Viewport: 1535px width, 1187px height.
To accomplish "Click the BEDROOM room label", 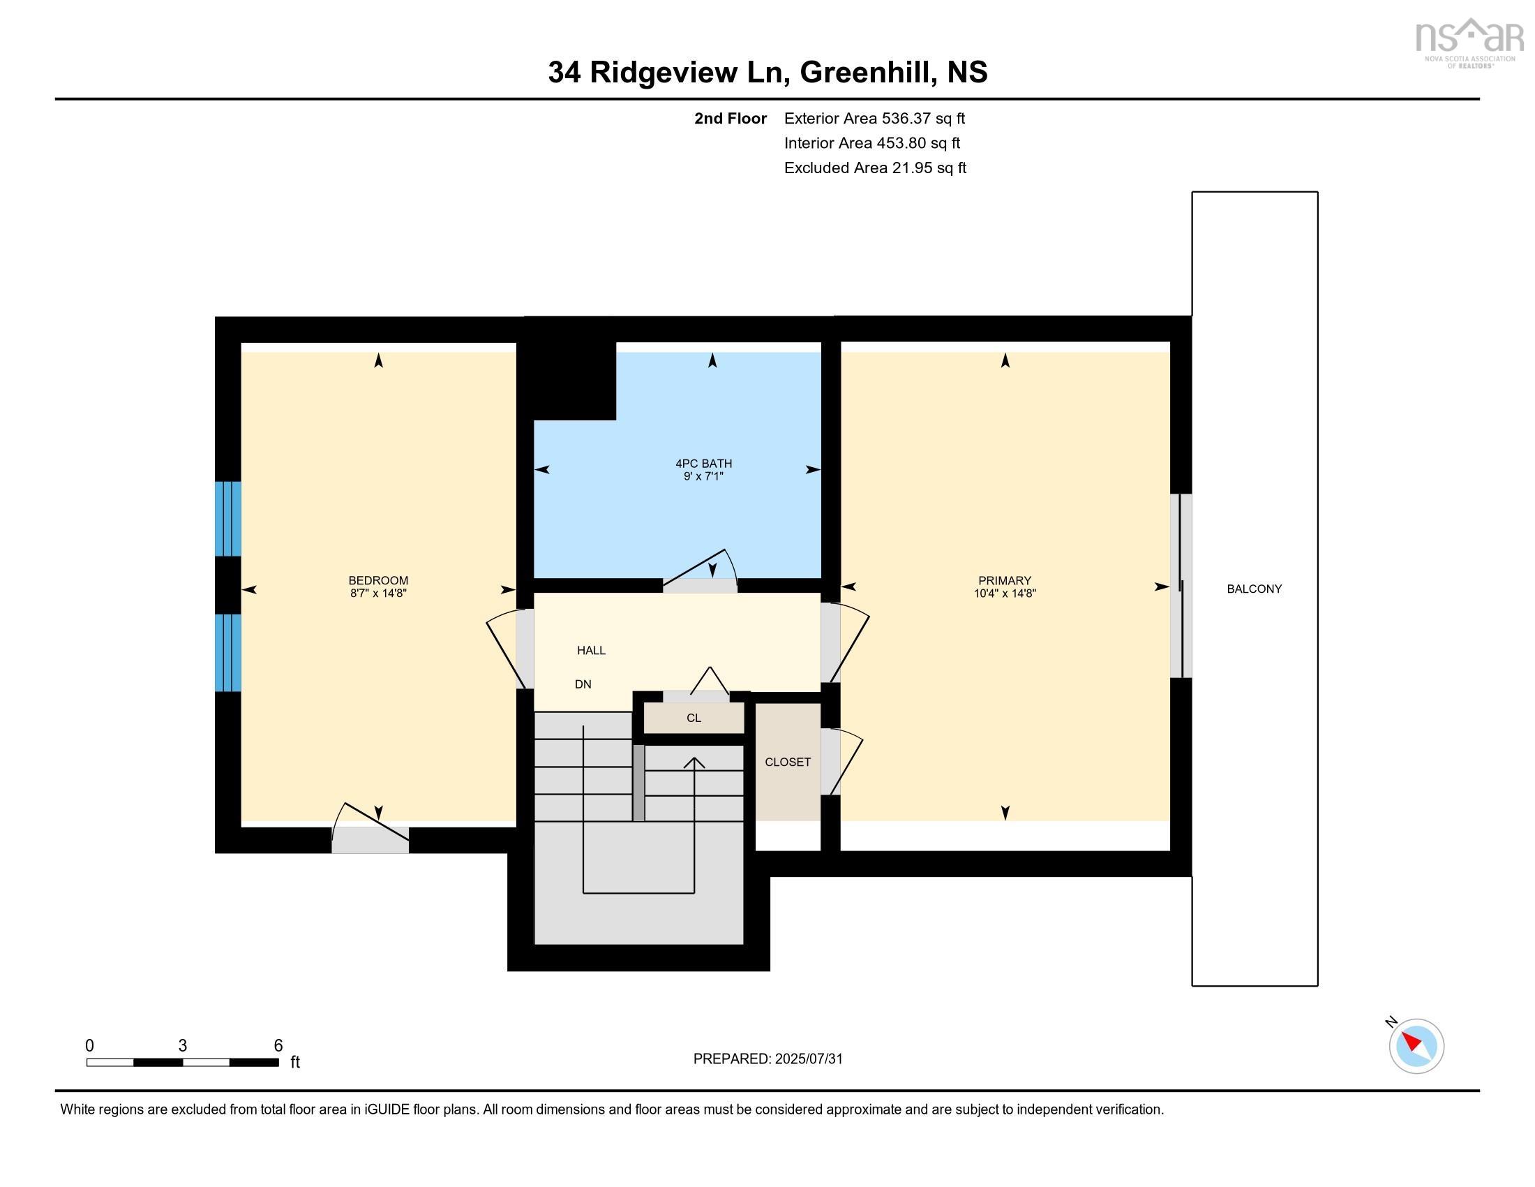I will (x=378, y=580).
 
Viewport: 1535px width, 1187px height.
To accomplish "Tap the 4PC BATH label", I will (x=703, y=464).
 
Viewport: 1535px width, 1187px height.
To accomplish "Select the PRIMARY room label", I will (x=1004, y=580).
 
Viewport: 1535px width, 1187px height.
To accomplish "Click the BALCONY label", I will (x=1254, y=589).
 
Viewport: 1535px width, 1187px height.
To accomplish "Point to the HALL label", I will (x=591, y=651).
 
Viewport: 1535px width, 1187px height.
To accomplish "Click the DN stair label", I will (x=583, y=684).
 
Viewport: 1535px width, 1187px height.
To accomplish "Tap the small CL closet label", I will (x=694, y=718).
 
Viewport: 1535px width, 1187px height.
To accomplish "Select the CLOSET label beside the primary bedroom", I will (x=787, y=762).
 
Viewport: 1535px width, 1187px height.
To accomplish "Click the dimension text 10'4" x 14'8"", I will (x=1004, y=593).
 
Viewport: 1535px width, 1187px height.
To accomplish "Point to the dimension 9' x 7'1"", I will (x=703, y=477).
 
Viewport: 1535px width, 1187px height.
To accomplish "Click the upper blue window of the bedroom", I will (x=228, y=518).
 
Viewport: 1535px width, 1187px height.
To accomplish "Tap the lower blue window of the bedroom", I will (x=228, y=653).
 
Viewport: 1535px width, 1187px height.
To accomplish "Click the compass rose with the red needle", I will (x=1416, y=1045).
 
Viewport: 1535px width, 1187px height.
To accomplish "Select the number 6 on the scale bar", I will (x=278, y=1045).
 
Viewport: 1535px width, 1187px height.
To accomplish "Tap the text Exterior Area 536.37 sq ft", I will (x=874, y=118).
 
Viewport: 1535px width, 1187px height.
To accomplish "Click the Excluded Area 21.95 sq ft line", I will (x=875, y=168).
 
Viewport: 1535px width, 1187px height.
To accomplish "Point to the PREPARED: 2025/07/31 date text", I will (x=767, y=1059).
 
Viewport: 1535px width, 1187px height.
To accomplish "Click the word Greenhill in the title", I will (x=868, y=73).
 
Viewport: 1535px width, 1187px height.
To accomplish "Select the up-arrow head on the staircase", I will (x=694, y=762).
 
